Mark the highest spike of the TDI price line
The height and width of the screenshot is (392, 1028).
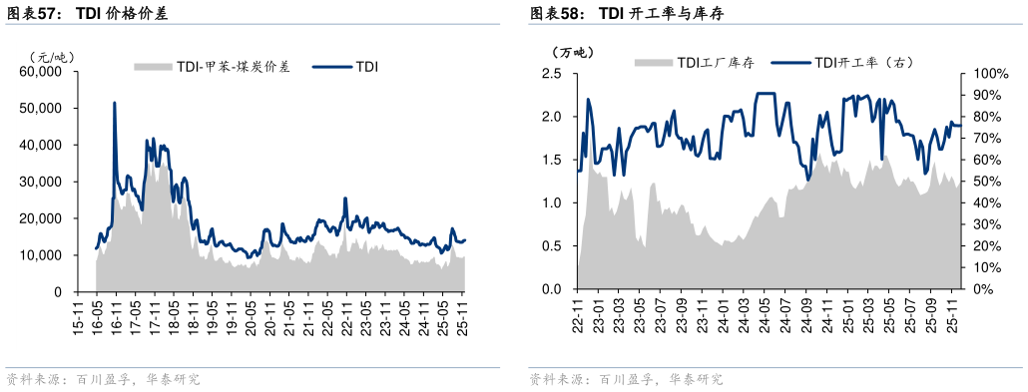115,102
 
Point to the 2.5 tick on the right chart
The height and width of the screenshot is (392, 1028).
551,74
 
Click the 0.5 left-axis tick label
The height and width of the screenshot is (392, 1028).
551,246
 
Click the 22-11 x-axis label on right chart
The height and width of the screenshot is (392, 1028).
576,311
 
